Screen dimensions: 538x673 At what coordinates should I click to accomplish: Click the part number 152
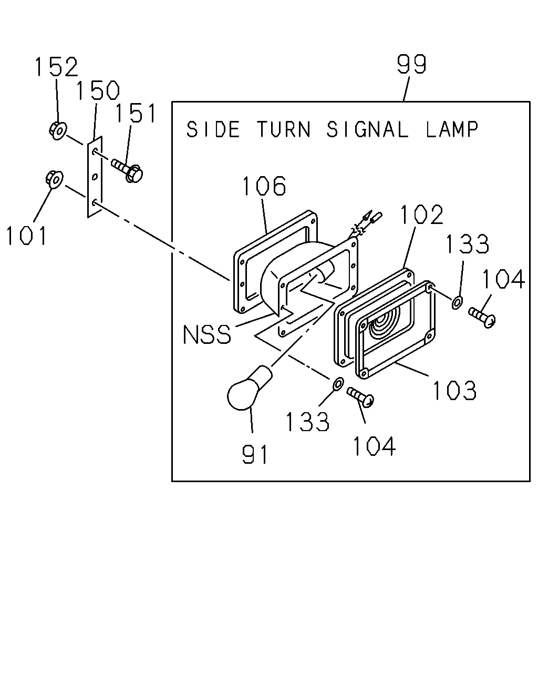point(56,67)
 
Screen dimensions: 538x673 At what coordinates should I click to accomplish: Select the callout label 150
point(98,90)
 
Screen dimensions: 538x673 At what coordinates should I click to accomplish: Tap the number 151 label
point(136,113)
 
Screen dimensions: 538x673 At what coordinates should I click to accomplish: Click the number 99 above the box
point(411,64)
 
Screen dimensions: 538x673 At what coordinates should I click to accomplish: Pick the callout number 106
point(264,186)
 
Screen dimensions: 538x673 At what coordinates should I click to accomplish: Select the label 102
point(422,215)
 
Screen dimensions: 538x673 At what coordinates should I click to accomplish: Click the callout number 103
point(455,390)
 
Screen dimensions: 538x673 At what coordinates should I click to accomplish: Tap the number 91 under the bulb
point(255,454)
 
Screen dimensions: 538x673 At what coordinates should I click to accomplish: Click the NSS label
point(207,334)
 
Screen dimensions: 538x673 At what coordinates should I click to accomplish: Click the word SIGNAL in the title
point(367,129)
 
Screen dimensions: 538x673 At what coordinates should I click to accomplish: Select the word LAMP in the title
point(452,129)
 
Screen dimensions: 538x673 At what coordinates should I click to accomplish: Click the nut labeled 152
point(58,131)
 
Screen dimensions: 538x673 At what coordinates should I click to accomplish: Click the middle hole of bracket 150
point(95,177)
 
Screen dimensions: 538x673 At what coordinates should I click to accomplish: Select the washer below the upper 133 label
point(457,302)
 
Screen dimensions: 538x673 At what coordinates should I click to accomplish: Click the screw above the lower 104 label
point(361,396)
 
